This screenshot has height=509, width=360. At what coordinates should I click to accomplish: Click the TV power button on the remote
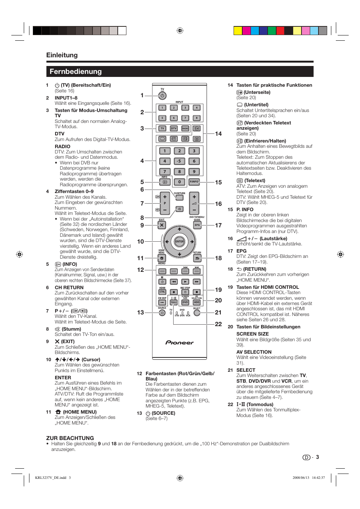162,96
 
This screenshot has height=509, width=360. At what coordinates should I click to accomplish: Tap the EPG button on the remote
197,225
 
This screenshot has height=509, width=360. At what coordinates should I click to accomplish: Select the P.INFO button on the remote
194,182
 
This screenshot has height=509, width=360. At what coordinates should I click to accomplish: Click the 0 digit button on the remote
179,182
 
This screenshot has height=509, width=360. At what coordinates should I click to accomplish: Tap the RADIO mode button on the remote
185,129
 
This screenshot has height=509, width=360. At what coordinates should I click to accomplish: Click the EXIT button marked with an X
162,225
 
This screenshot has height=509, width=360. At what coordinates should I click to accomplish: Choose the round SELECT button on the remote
197,313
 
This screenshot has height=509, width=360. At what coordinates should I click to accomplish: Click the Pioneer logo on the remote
180,343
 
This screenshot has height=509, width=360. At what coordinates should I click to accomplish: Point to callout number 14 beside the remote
218,134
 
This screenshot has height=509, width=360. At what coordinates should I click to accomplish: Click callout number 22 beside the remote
218,324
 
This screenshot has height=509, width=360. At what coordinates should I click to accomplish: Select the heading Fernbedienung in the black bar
75,72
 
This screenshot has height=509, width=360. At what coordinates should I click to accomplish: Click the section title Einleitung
62,55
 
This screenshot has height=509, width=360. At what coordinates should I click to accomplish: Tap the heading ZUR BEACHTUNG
70,438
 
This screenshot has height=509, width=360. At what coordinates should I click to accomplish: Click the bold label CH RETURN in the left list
69,288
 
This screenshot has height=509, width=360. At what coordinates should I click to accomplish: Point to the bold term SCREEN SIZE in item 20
252,334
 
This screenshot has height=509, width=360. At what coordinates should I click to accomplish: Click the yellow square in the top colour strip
238,31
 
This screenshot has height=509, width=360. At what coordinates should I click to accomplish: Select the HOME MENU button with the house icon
162,258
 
